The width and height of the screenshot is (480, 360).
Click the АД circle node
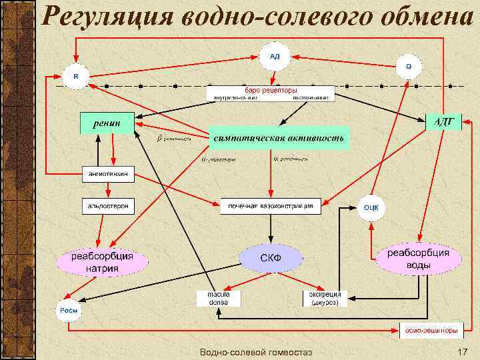[x=275, y=56]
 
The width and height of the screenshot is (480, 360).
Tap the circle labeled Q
[x=409, y=66]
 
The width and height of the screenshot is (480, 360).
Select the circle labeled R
[x=75, y=76]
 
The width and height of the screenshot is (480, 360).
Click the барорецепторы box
[x=271, y=94]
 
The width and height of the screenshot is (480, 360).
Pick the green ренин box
[x=107, y=122]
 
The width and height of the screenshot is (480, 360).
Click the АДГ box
[x=443, y=121]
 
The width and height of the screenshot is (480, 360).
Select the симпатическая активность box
[x=279, y=138]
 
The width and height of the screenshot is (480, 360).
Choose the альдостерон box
[x=108, y=206]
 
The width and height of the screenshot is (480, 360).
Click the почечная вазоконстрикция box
[x=270, y=206]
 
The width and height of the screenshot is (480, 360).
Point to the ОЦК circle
[x=371, y=207]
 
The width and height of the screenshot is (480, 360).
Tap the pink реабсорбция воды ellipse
[x=418, y=259]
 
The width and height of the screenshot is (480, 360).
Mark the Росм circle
[x=69, y=310]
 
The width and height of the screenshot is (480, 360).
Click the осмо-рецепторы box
[x=430, y=329]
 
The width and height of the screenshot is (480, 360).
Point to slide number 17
[x=462, y=351]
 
